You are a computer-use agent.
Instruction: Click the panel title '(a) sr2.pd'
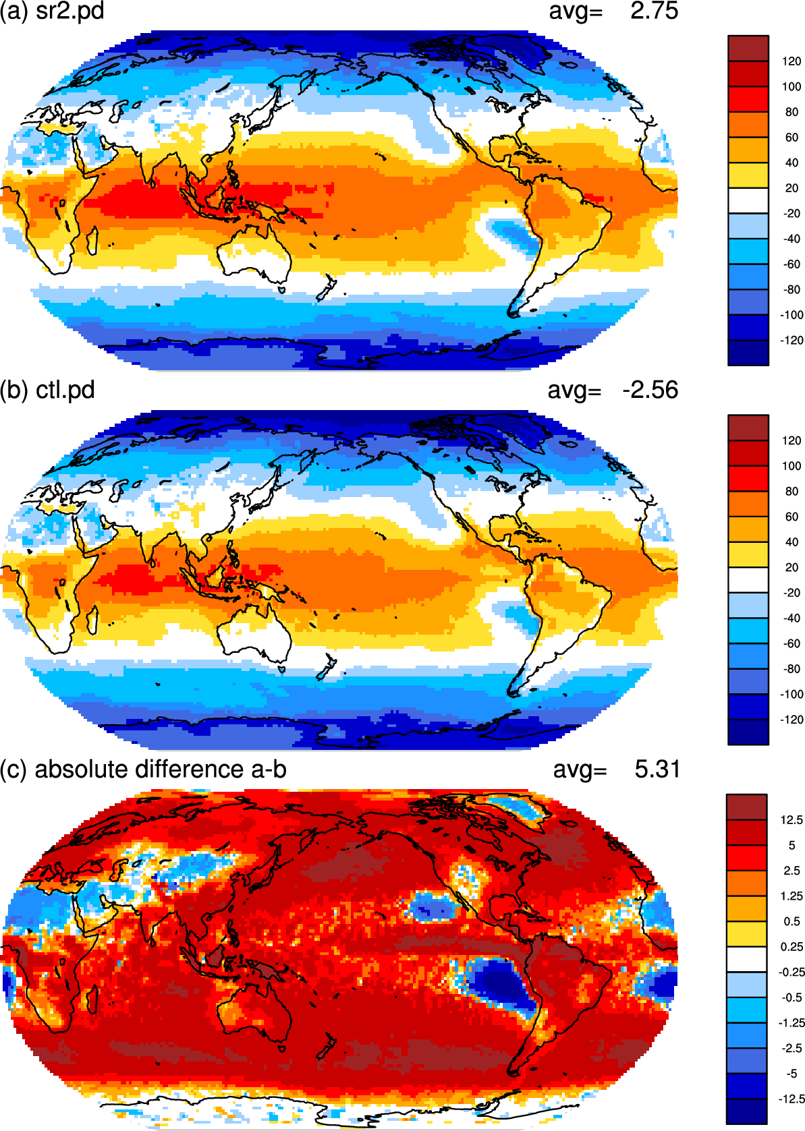tap(52, 11)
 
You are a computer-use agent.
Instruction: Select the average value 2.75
tap(654, 11)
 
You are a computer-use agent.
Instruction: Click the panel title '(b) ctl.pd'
tap(47, 390)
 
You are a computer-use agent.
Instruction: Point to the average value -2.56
tap(650, 390)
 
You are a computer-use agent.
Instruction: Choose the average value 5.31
tap(657, 770)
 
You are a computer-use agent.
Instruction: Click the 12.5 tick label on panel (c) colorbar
tap(792, 820)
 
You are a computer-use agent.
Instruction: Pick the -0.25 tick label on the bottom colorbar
tap(791, 972)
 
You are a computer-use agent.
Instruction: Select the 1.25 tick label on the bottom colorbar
tap(792, 896)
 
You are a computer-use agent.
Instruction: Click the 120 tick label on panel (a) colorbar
tap(792, 61)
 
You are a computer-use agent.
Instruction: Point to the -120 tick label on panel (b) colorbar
tap(791, 720)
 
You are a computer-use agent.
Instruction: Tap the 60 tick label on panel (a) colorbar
tap(792, 138)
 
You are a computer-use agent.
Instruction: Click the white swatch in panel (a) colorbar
tap(748, 200)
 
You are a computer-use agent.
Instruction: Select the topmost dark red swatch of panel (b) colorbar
tap(748, 428)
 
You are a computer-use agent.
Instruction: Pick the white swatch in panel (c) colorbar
tap(747, 959)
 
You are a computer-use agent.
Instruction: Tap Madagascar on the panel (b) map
tap(92, 620)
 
